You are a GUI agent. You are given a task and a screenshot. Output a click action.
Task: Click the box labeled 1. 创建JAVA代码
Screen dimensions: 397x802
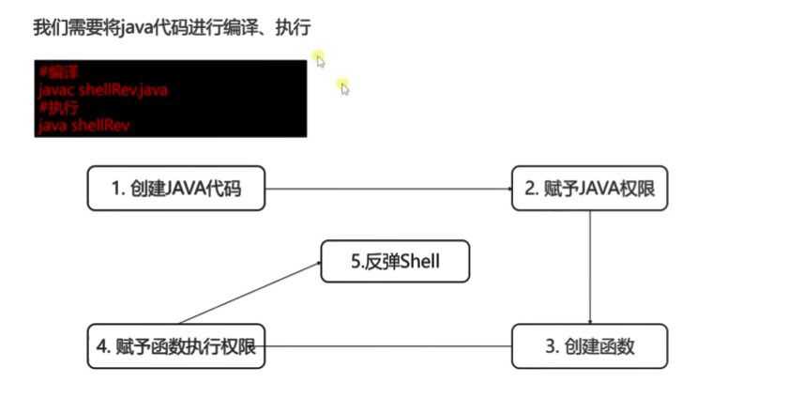pos(175,189)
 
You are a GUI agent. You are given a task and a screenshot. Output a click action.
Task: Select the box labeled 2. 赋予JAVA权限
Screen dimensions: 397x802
pos(589,189)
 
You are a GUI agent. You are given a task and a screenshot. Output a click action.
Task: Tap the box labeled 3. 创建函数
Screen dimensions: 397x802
pos(589,346)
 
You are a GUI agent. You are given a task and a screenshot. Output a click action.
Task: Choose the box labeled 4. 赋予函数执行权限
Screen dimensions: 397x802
pos(175,346)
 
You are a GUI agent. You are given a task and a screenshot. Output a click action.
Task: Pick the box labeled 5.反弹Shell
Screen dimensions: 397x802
pos(395,263)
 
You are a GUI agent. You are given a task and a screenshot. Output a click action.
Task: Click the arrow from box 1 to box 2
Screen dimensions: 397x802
pos(388,189)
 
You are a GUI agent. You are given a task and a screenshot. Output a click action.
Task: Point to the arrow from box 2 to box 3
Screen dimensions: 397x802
pos(589,267)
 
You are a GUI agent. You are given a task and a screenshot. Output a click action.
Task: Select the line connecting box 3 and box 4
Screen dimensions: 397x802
pos(388,346)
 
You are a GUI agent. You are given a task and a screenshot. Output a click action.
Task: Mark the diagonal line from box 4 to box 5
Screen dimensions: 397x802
pos(249,293)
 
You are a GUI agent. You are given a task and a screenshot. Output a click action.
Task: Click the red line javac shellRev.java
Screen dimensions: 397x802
pos(103,90)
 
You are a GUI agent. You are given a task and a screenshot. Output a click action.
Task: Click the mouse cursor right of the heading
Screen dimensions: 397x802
pos(320,61)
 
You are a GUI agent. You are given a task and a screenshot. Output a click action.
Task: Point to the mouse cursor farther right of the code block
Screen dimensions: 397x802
pos(344,87)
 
